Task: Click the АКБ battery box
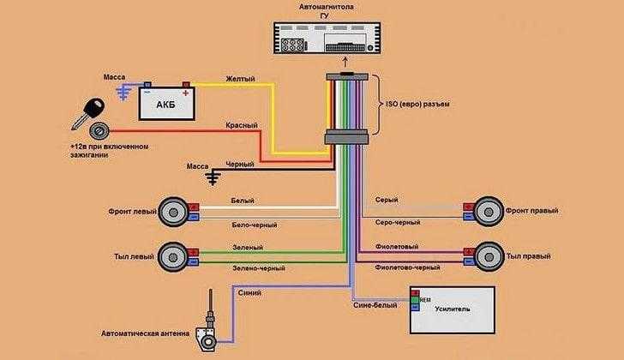pos(167,104)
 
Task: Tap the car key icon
pos(88,114)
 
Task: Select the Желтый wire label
pos(240,79)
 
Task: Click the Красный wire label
pos(242,125)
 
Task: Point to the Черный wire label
pos(240,165)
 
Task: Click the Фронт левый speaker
pos(173,212)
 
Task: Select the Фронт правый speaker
pos(489,211)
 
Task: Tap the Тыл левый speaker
pos(173,257)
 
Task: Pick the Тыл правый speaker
pos(489,257)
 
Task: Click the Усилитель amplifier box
pos(453,310)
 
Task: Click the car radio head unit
pos(327,38)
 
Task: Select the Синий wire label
pos(249,293)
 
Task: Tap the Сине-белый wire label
pos(375,305)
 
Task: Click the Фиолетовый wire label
pos(397,247)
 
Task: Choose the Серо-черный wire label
pos(398,223)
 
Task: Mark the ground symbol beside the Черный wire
pos(213,177)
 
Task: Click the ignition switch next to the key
pos(98,130)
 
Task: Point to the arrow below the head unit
pos(345,63)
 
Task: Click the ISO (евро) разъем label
pos(417,105)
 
